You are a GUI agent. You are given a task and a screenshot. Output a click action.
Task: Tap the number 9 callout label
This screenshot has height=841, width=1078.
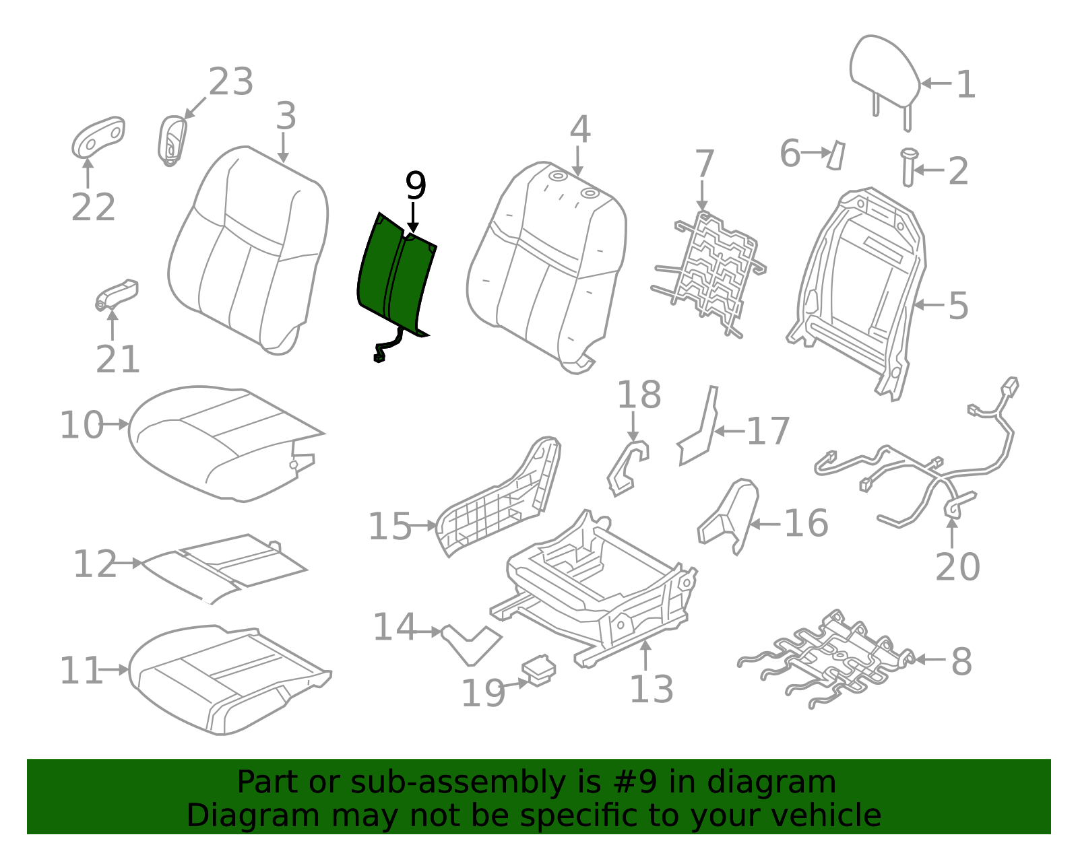tap(415, 186)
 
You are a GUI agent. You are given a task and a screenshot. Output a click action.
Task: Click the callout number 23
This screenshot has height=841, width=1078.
tap(230, 82)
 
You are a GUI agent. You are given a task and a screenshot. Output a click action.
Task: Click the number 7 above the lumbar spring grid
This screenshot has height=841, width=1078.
tap(703, 164)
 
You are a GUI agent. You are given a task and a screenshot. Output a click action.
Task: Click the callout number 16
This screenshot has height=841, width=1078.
tap(806, 523)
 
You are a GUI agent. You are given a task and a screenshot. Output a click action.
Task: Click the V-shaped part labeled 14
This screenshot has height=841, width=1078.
tap(472, 643)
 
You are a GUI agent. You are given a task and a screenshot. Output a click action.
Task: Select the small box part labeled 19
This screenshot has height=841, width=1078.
tap(539, 671)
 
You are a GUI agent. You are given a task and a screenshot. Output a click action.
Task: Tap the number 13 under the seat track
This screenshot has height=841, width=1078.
tap(651, 689)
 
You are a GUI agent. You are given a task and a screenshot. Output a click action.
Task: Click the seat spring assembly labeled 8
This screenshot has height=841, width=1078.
tap(829, 660)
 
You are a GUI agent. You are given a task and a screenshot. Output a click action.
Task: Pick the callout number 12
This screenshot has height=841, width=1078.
tap(94, 564)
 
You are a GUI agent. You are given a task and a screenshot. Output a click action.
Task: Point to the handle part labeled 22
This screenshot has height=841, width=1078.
tap(98, 137)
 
